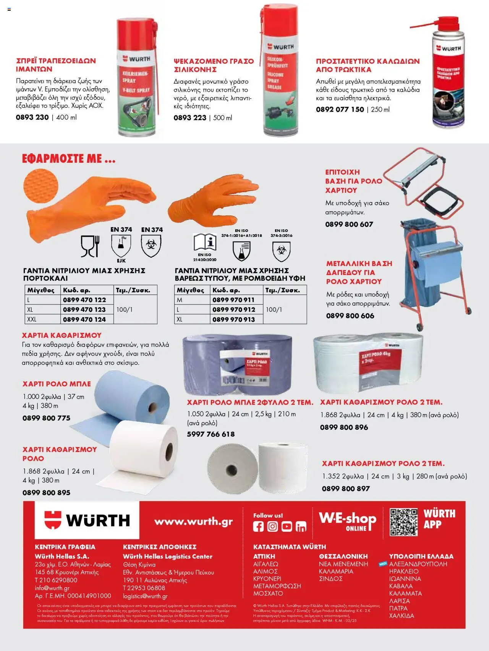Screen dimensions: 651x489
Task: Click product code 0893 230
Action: click(32, 117)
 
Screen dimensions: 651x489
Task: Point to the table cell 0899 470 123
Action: click(84, 309)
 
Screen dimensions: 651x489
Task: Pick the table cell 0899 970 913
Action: click(233, 319)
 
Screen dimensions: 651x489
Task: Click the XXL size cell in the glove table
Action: click(32, 319)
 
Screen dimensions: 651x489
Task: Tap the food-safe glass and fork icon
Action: click(90, 246)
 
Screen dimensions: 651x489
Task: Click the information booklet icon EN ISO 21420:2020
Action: click(205, 242)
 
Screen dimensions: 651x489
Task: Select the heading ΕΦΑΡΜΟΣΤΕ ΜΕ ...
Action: click(68, 159)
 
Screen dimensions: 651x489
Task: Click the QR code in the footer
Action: click(403, 522)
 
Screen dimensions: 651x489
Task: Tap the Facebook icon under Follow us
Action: click(258, 526)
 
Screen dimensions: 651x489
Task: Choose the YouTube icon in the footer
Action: click(287, 526)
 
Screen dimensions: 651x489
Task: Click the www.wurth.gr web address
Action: click(193, 521)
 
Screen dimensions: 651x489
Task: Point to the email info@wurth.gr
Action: click(52, 588)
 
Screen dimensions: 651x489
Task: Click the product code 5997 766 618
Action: click(211, 434)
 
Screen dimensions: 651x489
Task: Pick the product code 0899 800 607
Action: click(349, 224)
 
